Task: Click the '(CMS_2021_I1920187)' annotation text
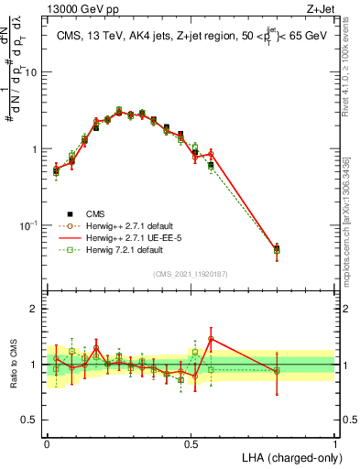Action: pos(190,273)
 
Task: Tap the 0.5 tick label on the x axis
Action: pos(191,441)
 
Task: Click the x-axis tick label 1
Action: pos(335,441)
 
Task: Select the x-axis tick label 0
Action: pos(47,441)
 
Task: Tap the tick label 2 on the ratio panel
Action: pos(36,309)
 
